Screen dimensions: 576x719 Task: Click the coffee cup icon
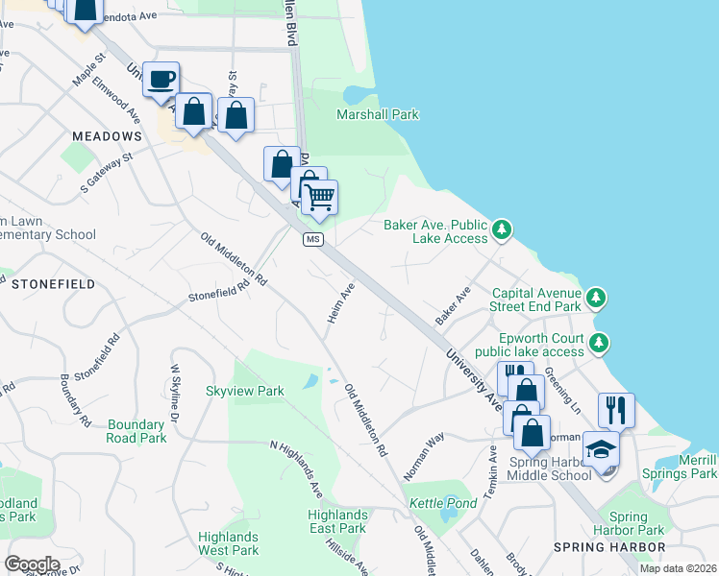pyautogui.click(x=161, y=78)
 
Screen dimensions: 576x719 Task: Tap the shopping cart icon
pyautogui.click(x=319, y=197)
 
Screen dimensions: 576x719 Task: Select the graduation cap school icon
pyautogui.click(x=601, y=449)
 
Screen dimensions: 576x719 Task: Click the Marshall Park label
pyautogui.click(x=378, y=114)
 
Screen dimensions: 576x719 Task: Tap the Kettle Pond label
pyautogui.click(x=430, y=503)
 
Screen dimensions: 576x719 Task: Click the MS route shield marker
pyautogui.click(x=312, y=239)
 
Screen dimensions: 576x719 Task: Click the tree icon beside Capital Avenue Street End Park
pyautogui.click(x=597, y=297)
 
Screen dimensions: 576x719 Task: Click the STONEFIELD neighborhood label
pyautogui.click(x=53, y=284)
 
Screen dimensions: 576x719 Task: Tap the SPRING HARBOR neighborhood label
pyautogui.click(x=609, y=547)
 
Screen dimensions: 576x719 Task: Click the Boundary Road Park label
pyautogui.click(x=137, y=431)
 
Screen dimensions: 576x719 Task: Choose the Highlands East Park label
pyautogui.click(x=337, y=521)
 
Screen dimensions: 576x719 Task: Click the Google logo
pyautogui.click(x=32, y=564)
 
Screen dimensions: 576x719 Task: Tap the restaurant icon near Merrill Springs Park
pyautogui.click(x=616, y=410)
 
